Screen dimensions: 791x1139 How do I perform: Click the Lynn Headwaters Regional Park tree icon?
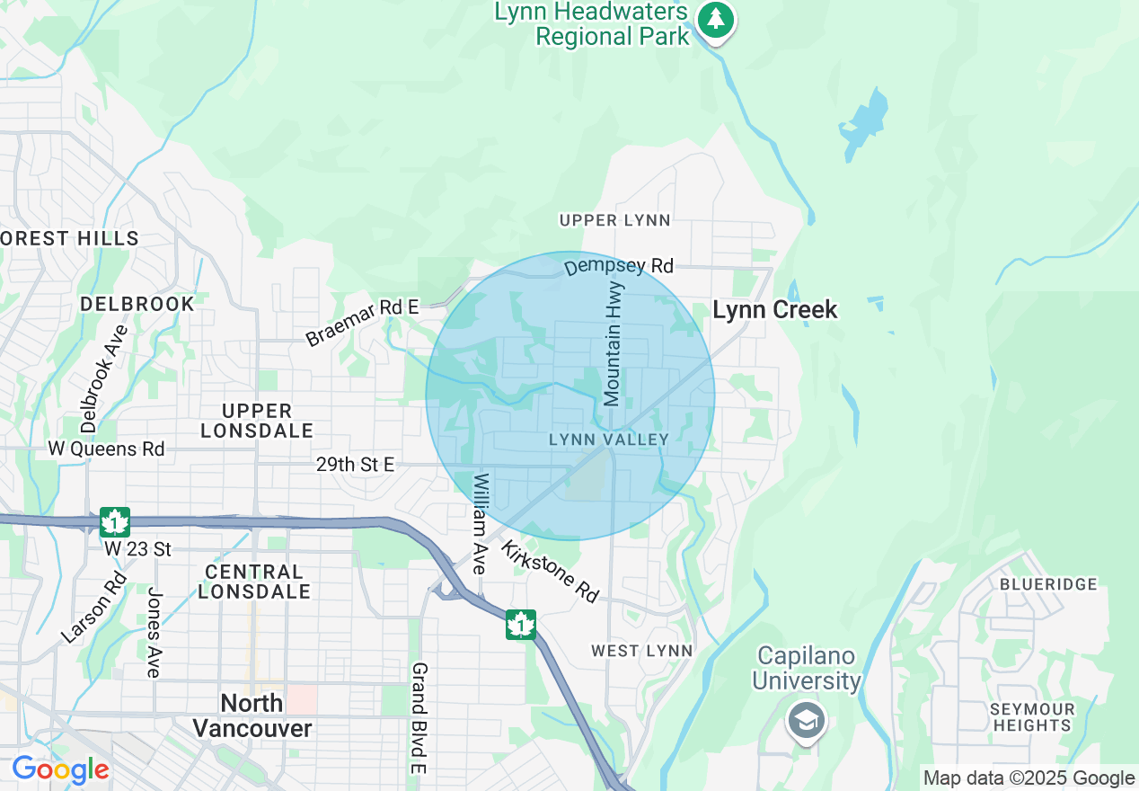pyautogui.click(x=716, y=18)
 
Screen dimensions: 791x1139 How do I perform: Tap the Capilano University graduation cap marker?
pyautogui.click(x=806, y=721)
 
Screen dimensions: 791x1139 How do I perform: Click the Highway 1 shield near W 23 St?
pyautogui.click(x=115, y=522)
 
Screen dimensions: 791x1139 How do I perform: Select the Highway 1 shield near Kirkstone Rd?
pyautogui.click(x=520, y=624)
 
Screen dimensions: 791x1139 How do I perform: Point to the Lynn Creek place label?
pyautogui.click(x=774, y=310)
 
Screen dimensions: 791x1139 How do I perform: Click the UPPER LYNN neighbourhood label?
pyautogui.click(x=614, y=220)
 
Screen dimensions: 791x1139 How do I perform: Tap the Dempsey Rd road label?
pyautogui.click(x=619, y=266)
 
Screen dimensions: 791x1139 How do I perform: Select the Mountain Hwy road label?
pyautogui.click(x=614, y=353)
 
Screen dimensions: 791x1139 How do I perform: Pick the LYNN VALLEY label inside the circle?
pyautogui.click(x=609, y=440)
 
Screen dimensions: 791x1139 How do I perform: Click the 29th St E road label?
pyautogui.click(x=355, y=465)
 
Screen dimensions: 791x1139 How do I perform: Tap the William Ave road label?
pyautogui.click(x=481, y=523)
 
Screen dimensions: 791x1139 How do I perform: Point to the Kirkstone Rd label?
pyautogui.click(x=550, y=572)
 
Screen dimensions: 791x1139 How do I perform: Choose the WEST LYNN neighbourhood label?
pyautogui.click(x=641, y=650)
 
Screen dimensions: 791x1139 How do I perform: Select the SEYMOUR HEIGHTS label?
pyautogui.click(x=1032, y=717)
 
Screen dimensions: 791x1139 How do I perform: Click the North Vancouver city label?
pyautogui.click(x=252, y=715)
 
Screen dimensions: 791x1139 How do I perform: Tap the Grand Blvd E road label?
pyautogui.click(x=419, y=717)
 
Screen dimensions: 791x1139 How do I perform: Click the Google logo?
pyautogui.click(x=60, y=769)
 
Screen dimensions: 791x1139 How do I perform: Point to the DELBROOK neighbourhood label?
pyautogui.click(x=137, y=304)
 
